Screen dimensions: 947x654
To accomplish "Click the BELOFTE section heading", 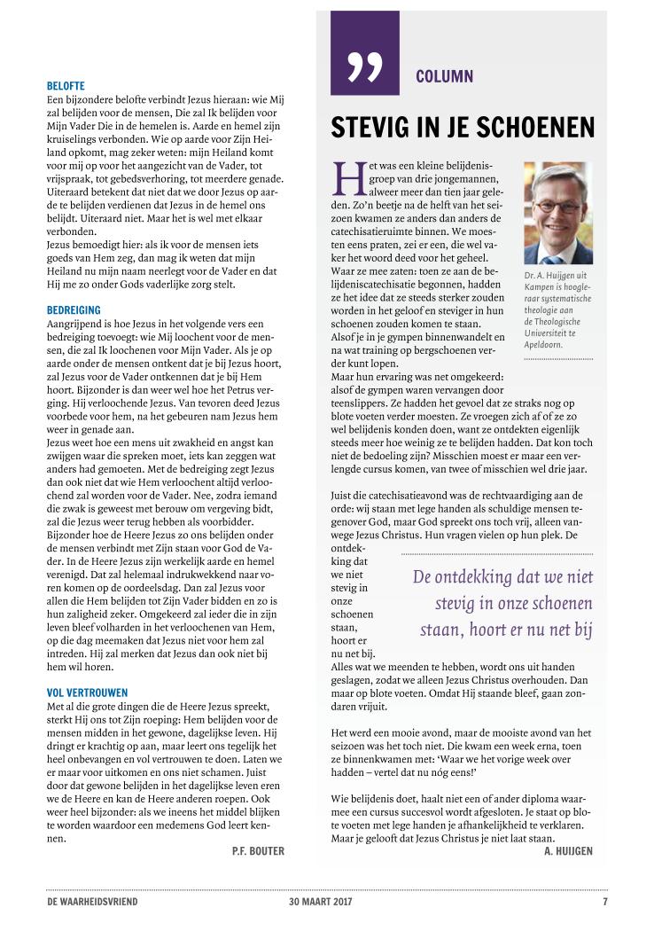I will pyautogui.click(x=66, y=86).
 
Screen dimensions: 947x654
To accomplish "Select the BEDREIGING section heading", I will pyautogui.click(x=74, y=310).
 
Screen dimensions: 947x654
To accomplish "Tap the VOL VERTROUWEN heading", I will pyautogui.click(x=87, y=692).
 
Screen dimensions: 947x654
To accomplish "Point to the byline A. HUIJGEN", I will pyautogui.click(x=568, y=851).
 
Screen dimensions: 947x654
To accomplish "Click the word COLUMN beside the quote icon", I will pyautogui.click(x=444, y=76).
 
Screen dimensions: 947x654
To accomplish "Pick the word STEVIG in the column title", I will pyautogui.click(x=370, y=129).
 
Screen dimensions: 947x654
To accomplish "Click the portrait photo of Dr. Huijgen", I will pyautogui.click(x=557, y=213).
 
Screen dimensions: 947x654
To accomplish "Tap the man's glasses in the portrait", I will pyautogui.click(x=556, y=203).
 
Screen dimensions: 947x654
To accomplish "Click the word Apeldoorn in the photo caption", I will pyautogui.click(x=547, y=343).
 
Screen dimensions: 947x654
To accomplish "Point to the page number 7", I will pyautogui.click(x=604, y=902).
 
